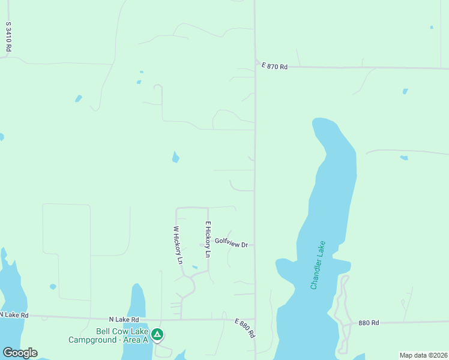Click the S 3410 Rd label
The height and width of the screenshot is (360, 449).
pyautogui.click(x=8, y=37)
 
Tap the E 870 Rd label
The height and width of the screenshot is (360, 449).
pyautogui.click(x=274, y=67)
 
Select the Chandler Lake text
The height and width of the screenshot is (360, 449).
pyautogui.click(x=318, y=265)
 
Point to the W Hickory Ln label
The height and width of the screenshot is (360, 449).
pyautogui.click(x=177, y=244)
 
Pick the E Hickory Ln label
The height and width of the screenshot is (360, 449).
pyautogui.click(x=208, y=239)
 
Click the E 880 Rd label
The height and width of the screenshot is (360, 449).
pyautogui.click(x=245, y=328)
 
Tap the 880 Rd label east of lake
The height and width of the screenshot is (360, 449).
pyautogui.click(x=369, y=323)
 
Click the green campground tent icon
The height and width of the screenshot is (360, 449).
pyautogui.click(x=157, y=334)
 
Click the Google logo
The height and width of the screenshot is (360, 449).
pyautogui.click(x=20, y=353)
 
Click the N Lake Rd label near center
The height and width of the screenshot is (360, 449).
pyautogui.click(x=124, y=320)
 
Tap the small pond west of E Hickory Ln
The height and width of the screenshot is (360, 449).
pyautogui.click(x=175, y=157)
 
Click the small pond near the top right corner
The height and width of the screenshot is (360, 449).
pyautogui.click(x=431, y=27)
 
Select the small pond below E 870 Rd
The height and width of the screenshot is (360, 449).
pyautogui.click(x=405, y=91)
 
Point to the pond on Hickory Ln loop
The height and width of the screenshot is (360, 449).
pyautogui.click(x=194, y=267)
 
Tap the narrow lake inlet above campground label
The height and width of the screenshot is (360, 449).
pyautogui.click(x=138, y=303)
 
